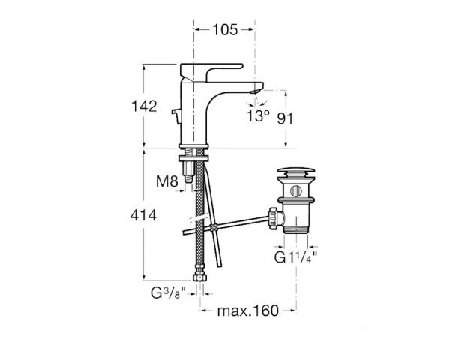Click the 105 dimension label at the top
point(225,30)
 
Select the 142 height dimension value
point(144,106)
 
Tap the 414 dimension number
point(143,215)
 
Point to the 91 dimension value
point(285,118)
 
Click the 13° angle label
point(258,116)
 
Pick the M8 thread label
point(167,181)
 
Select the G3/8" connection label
point(169,293)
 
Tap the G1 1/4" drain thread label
point(295,257)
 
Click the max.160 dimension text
point(248,310)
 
